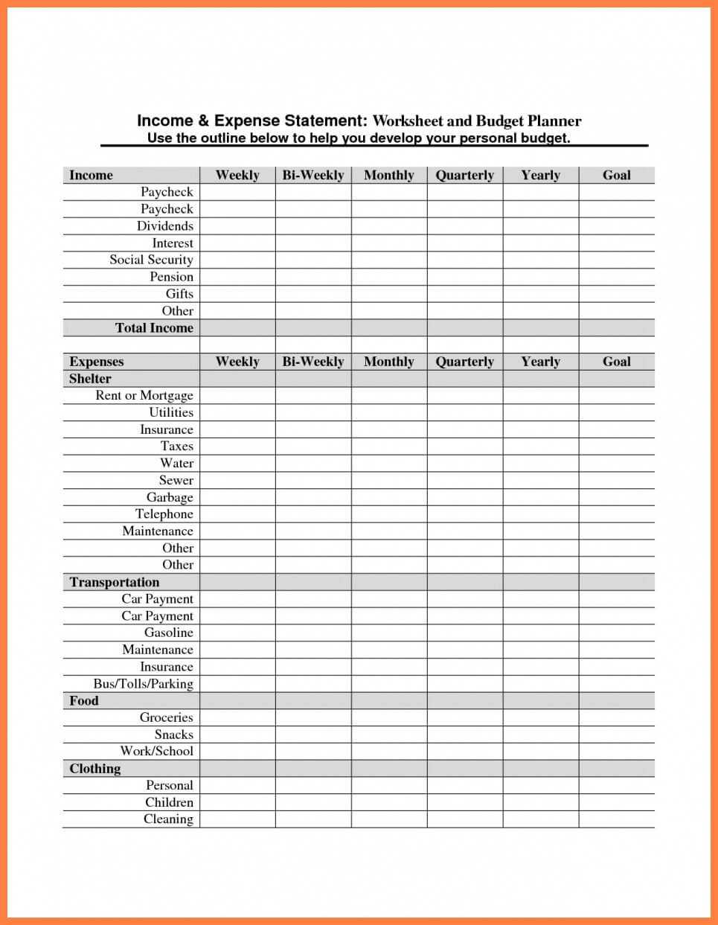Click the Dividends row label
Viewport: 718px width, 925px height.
pos(164,226)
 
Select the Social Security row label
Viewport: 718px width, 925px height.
pos(151,260)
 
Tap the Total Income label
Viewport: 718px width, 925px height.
pos(154,328)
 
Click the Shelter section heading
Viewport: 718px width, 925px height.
pos(90,379)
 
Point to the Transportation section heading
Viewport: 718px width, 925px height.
pos(114,582)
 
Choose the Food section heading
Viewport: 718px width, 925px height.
pos(84,701)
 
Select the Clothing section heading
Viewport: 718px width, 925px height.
pos(94,769)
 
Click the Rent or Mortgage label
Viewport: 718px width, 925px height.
pos(144,396)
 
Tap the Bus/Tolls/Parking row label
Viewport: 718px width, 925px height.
pos(143,684)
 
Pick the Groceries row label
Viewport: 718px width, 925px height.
pos(166,717)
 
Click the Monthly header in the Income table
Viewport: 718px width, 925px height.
pos(388,176)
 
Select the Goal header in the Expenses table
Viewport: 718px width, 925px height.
pos(616,362)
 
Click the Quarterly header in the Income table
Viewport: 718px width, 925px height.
pos(464,176)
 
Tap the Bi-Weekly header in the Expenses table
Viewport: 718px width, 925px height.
pos(312,362)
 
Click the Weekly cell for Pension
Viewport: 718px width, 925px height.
pos(237,277)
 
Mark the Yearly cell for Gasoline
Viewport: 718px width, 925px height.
pos(540,633)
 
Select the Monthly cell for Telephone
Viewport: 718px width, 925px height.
pos(388,514)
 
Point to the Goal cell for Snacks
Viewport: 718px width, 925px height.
pos(616,734)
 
